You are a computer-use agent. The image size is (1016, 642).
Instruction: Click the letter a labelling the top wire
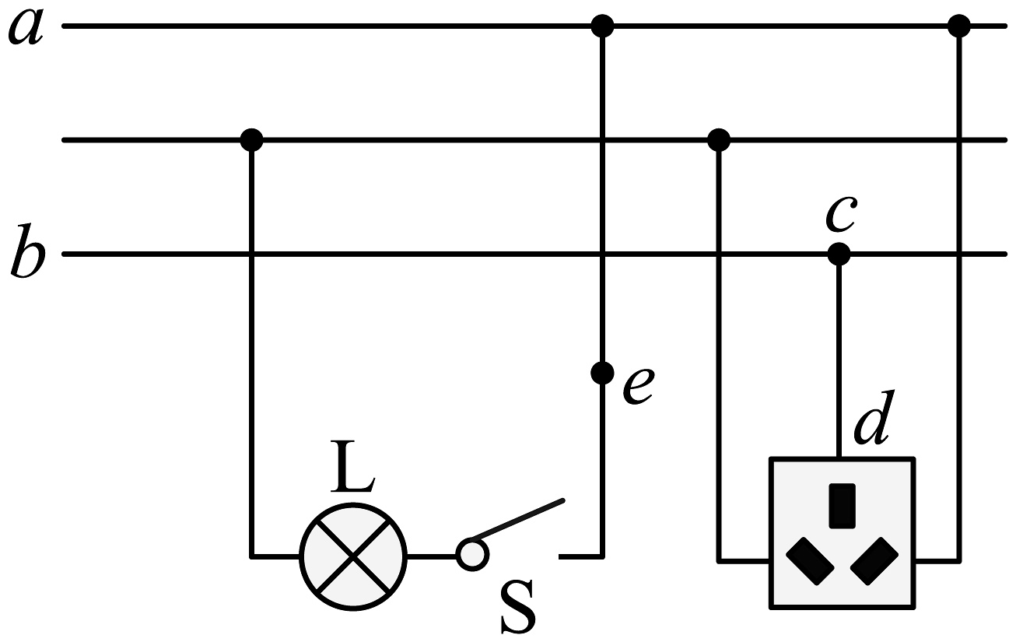tap(26, 26)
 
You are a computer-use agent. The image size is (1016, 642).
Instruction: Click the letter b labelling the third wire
tap(27, 251)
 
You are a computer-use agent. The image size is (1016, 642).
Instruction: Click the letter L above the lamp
tap(352, 465)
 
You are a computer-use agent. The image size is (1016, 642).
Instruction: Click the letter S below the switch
tap(517, 607)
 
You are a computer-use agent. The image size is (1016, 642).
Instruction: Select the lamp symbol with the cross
tap(353, 556)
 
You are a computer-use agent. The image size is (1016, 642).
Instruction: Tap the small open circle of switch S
tap(472, 554)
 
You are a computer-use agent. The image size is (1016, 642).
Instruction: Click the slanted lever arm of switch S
tap(517, 520)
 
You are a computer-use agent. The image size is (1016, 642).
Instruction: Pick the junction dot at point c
tap(839, 254)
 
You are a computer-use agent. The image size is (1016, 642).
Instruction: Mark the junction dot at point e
tap(602, 374)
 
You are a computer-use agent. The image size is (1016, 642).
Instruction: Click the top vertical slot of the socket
tap(843, 506)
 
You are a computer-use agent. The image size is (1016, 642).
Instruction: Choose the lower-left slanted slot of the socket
tap(810, 561)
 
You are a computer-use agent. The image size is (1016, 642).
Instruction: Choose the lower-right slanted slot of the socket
tap(874, 561)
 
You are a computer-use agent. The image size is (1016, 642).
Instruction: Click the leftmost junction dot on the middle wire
tap(251, 140)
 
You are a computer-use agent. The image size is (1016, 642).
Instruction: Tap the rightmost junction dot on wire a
tap(959, 26)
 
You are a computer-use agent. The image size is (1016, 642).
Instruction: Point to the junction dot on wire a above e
tap(602, 26)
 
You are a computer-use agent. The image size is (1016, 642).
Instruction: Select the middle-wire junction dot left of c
tap(719, 140)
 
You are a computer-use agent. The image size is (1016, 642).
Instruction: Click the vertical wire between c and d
tap(839, 356)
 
